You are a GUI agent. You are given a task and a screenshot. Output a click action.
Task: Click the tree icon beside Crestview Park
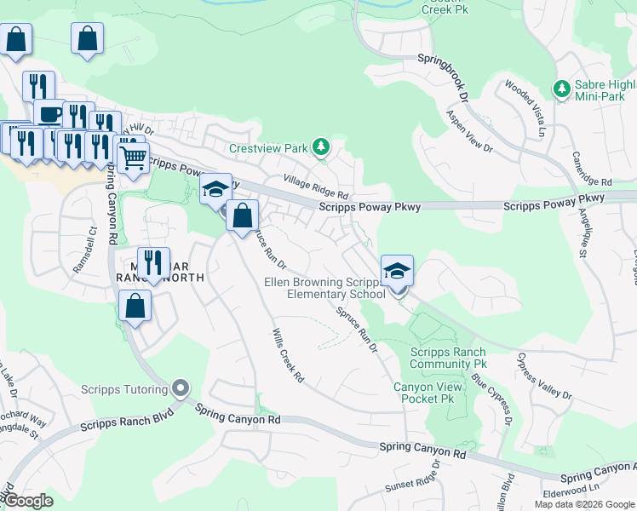pos(320,148)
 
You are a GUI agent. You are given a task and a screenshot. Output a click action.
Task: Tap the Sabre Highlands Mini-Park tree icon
pos(561,89)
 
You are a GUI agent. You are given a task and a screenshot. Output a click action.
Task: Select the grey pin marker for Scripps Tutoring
pos(179,388)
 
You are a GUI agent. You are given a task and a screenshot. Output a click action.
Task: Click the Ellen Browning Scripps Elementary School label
pos(324,289)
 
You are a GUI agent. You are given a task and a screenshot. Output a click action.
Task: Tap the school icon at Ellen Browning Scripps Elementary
pos(397,272)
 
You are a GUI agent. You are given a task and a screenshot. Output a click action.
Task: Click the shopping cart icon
pos(132,157)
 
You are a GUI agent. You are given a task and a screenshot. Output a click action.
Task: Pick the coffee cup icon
pos(49,114)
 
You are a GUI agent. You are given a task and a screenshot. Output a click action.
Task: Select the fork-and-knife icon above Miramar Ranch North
pos(153,262)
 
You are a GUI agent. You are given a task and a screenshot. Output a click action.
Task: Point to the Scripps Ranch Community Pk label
pos(447,358)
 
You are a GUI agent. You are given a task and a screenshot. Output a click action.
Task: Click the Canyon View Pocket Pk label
pos(429,393)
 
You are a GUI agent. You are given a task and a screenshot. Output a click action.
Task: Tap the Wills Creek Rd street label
pos(288,355)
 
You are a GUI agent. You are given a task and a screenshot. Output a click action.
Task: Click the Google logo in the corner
pos(28,501)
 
